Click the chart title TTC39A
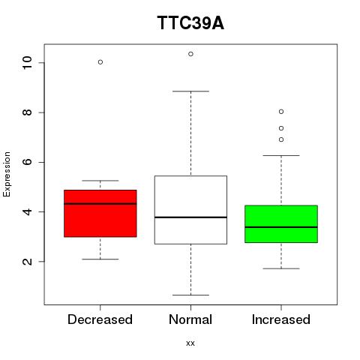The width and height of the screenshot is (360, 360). click(190, 23)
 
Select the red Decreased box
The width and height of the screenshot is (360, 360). click(100, 213)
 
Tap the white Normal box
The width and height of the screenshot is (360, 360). click(190, 210)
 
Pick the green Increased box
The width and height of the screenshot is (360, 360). click(281, 224)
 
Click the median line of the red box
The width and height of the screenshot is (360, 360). click(100, 203)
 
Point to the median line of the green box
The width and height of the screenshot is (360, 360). click(281, 227)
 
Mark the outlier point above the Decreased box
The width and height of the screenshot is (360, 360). click(100, 62)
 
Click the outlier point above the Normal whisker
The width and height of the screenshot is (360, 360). click(190, 54)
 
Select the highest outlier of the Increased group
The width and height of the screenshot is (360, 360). click(281, 112)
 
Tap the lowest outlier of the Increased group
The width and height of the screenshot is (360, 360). click(281, 139)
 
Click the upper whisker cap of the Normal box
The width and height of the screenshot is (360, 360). click(190, 91)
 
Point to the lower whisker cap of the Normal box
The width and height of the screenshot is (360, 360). click(190, 295)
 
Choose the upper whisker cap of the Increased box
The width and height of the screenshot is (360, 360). click(281, 155)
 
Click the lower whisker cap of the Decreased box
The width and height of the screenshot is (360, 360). click(100, 259)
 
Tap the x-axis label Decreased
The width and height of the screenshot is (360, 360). click(100, 319)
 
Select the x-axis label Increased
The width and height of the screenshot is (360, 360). click(281, 319)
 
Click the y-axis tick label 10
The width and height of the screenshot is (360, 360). click(27, 62)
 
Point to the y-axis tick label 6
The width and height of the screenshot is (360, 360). click(27, 162)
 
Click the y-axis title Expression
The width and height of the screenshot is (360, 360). click(7, 174)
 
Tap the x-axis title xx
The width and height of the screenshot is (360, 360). click(190, 343)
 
